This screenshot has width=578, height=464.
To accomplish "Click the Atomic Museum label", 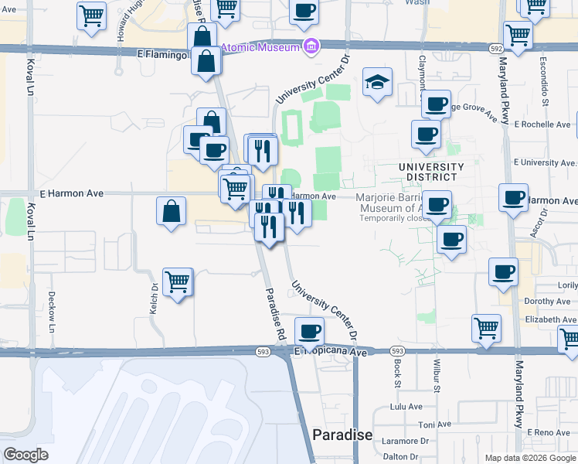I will coord(260,47).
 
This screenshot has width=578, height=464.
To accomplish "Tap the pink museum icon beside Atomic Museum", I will coord(311,47).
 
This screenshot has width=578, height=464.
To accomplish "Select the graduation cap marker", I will coord(377,82).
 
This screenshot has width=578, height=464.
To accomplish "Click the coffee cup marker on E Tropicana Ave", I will coord(310,331).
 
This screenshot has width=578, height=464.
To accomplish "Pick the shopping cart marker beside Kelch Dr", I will coord(178,282).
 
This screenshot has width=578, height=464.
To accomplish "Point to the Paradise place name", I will coord(342,435).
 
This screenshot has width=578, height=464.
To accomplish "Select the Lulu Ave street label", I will coord(406,406).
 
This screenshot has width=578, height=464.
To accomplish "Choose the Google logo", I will coord(25,455).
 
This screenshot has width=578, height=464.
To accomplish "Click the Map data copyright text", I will coord(529,458).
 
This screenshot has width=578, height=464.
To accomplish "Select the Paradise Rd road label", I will coord(273,314).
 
